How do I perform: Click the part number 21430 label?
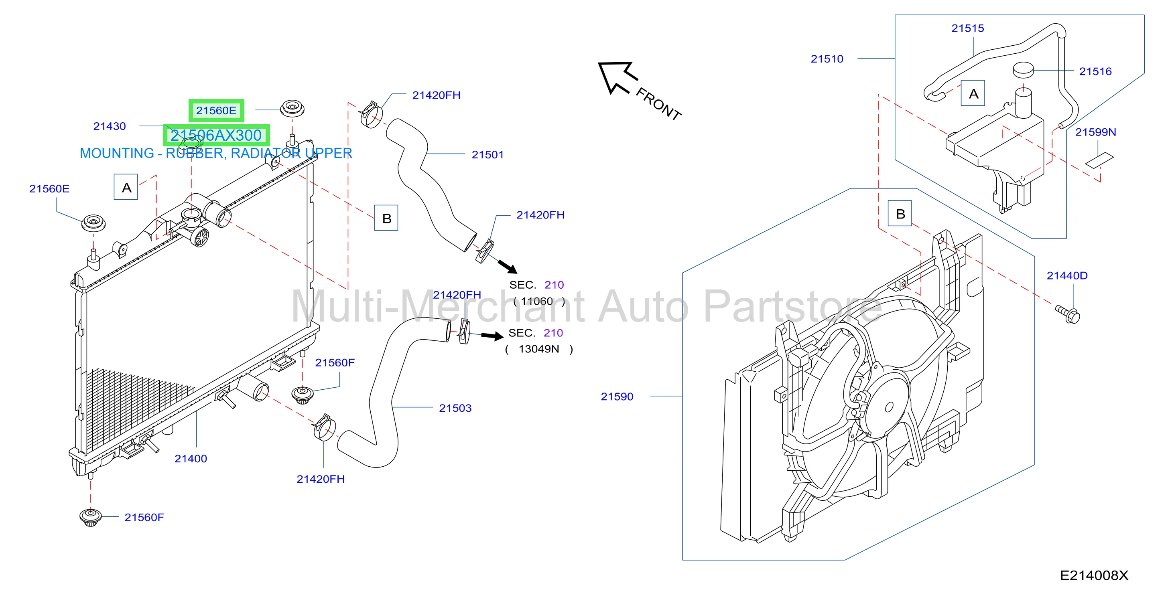pyautogui.click(x=110, y=126)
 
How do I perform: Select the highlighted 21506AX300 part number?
pyautogui.click(x=216, y=135)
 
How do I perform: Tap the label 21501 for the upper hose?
pyautogui.click(x=487, y=155)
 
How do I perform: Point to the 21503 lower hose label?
pyautogui.click(x=455, y=408)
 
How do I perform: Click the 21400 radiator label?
pyautogui.click(x=191, y=459)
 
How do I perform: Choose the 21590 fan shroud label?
pyautogui.click(x=617, y=397)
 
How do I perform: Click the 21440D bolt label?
pyautogui.click(x=1067, y=275)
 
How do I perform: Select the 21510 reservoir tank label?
pyautogui.click(x=827, y=59)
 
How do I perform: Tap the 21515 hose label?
pyautogui.click(x=967, y=28)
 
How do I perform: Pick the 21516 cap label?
pyautogui.click(x=1095, y=71)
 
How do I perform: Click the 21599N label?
pyautogui.click(x=1096, y=132)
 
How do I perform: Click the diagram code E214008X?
pyautogui.click(x=1094, y=575)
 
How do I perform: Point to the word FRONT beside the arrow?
pyautogui.click(x=658, y=104)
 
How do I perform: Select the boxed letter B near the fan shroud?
pyautogui.click(x=900, y=213)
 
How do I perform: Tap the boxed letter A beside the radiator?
pyautogui.click(x=126, y=187)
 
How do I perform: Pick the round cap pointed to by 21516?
pyautogui.click(x=1023, y=70)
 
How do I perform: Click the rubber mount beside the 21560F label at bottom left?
pyautogui.click(x=90, y=518)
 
